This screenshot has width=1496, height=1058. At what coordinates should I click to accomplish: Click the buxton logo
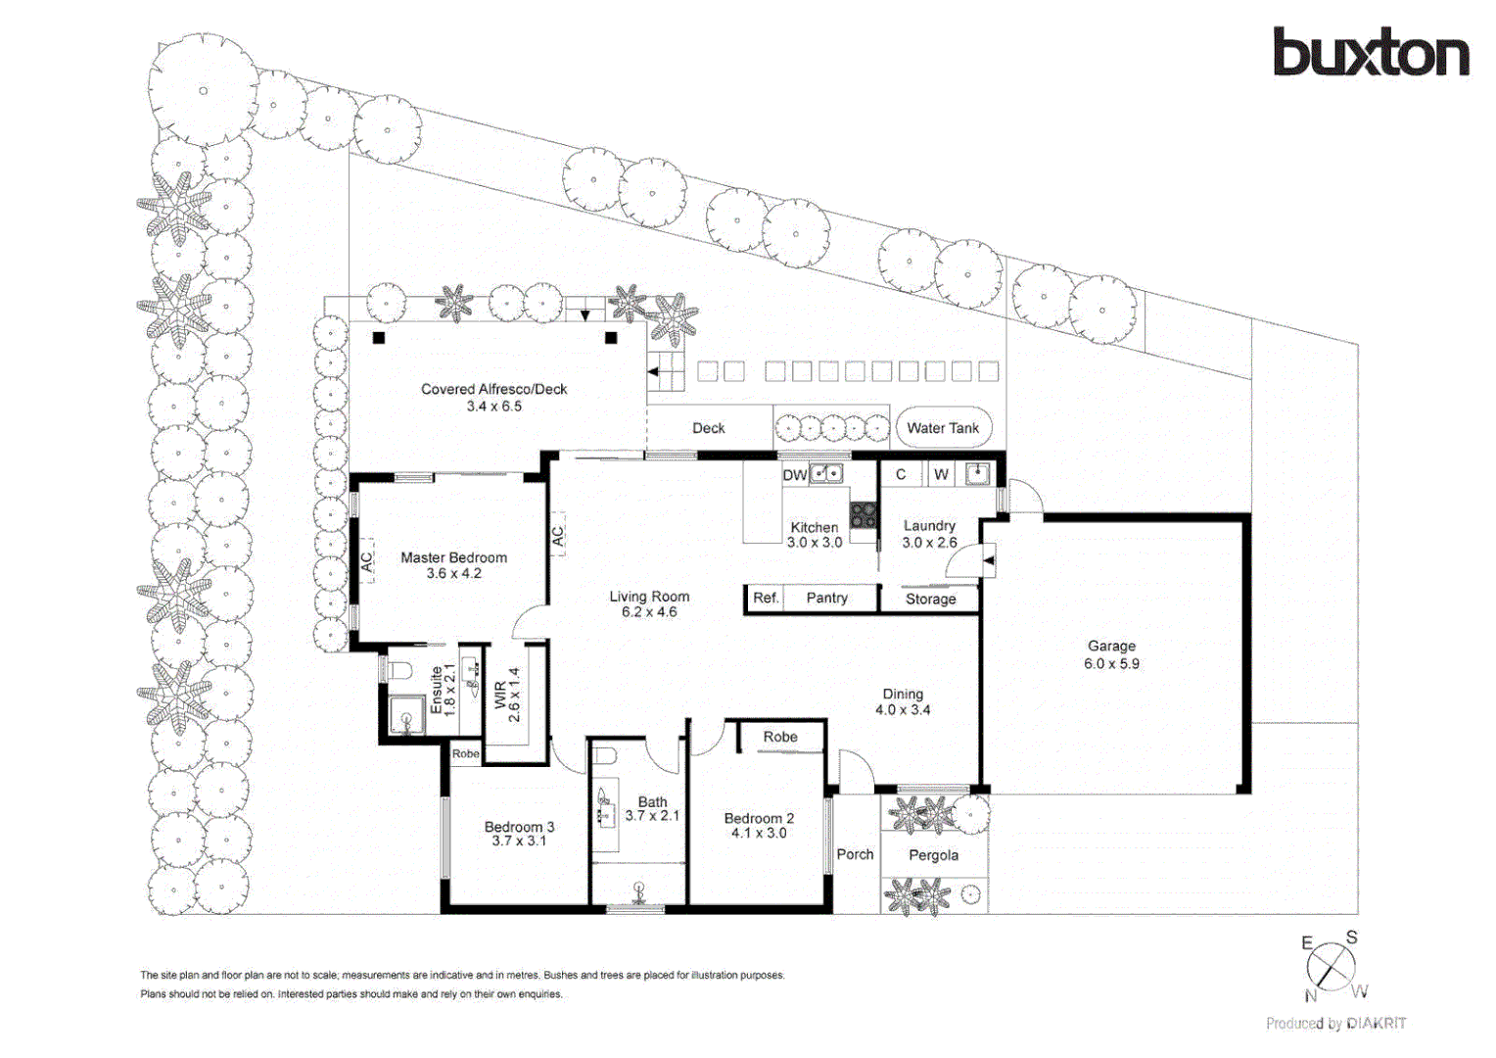[x=1371, y=53]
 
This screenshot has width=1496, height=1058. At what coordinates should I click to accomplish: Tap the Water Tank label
[x=942, y=428]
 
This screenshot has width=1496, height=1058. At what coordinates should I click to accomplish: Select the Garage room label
[x=1111, y=647]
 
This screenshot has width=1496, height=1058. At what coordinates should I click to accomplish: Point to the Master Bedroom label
[x=453, y=557]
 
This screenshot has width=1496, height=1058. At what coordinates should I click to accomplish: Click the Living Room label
[x=649, y=597]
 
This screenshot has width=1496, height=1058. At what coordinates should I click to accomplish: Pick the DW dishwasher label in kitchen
[x=794, y=475]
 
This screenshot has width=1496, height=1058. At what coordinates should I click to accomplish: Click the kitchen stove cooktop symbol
[x=863, y=514]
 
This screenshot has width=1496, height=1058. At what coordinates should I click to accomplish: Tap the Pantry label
[x=826, y=598]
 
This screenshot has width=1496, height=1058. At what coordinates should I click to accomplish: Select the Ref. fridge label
[x=766, y=598]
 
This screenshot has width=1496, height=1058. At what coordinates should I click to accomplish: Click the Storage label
[x=930, y=599]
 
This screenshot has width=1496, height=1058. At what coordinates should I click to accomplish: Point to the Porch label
[x=855, y=854]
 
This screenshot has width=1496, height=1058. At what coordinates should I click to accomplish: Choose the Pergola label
[x=933, y=855]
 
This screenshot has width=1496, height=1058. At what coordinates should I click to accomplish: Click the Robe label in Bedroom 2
[x=780, y=737]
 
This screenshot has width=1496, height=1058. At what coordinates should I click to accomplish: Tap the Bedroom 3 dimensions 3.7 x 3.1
[x=519, y=842]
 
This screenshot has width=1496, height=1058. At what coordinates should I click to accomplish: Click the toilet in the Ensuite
[x=399, y=671]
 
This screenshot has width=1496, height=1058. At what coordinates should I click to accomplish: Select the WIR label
[x=500, y=696]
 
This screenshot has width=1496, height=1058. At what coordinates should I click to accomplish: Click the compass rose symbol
[x=1332, y=967]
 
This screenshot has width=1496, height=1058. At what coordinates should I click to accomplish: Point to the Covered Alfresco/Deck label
[x=493, y=389]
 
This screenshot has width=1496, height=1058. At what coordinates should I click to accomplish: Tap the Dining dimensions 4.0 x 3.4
[x=902, y=710]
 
